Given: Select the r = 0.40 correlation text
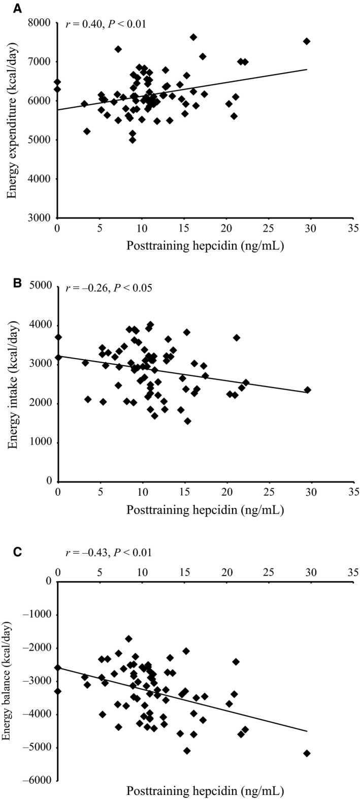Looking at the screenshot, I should pyautogui.click(x=106, y=23).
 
